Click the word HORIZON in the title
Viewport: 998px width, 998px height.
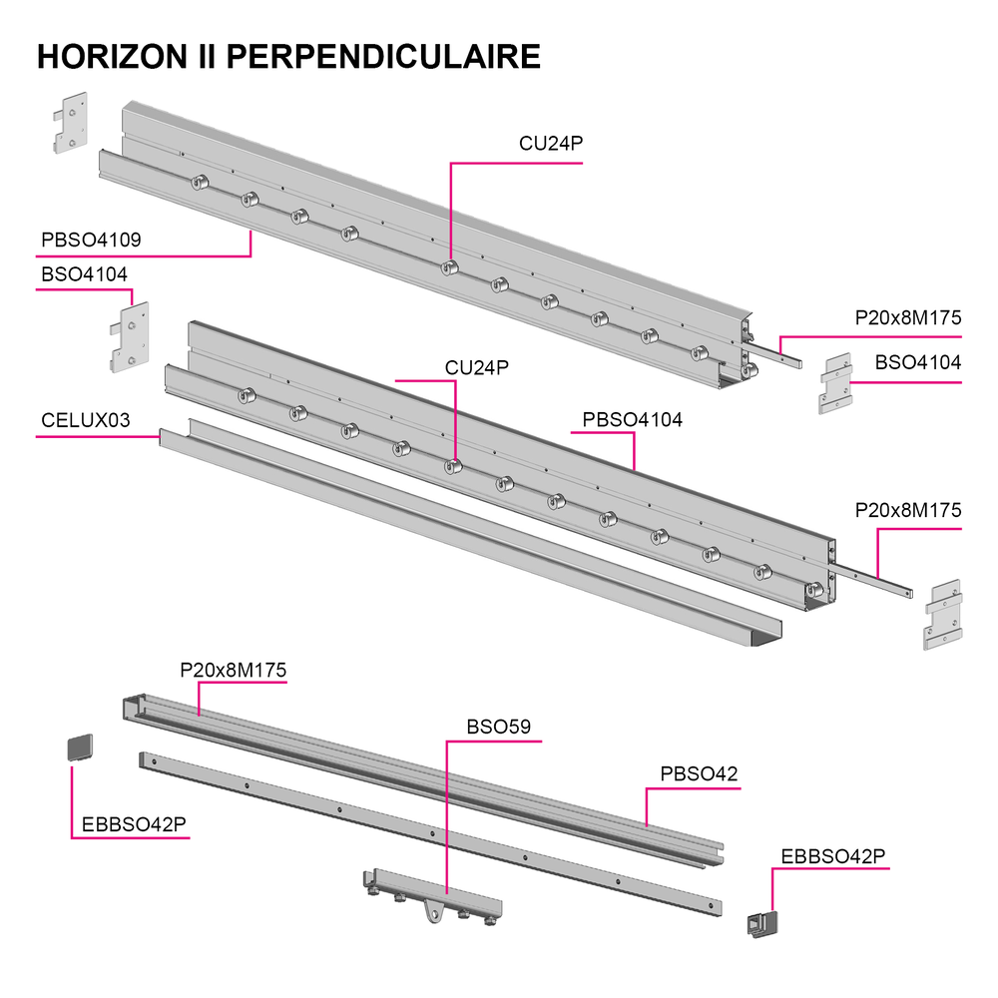(113, 57)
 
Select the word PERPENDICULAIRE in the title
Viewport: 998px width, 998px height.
(383, 57)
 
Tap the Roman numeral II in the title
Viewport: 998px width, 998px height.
(207, 57)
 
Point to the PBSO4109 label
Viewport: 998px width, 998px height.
(91, 240)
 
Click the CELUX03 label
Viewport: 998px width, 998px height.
(85, 420)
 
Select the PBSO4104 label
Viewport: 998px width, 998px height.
(632, 420)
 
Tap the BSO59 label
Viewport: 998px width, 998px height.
(498, 727)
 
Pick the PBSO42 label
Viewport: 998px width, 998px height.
(699, 774)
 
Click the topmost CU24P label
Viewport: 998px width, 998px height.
(551, 144)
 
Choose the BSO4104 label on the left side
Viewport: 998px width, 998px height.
(84, 274)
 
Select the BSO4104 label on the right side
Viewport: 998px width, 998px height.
(918, 363)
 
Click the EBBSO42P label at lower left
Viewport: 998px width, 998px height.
(134, 825)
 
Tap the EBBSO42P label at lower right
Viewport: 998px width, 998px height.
(833, 856)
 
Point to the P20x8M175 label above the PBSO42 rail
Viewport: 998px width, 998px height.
(233, 671)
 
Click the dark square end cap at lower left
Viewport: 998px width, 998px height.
(80, 748)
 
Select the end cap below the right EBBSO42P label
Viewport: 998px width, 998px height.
(762, 924)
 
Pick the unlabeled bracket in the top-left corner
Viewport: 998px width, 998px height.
(70, 123)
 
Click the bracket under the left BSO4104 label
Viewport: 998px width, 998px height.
(130, 337)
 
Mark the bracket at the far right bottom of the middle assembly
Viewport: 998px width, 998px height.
(943, 614)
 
